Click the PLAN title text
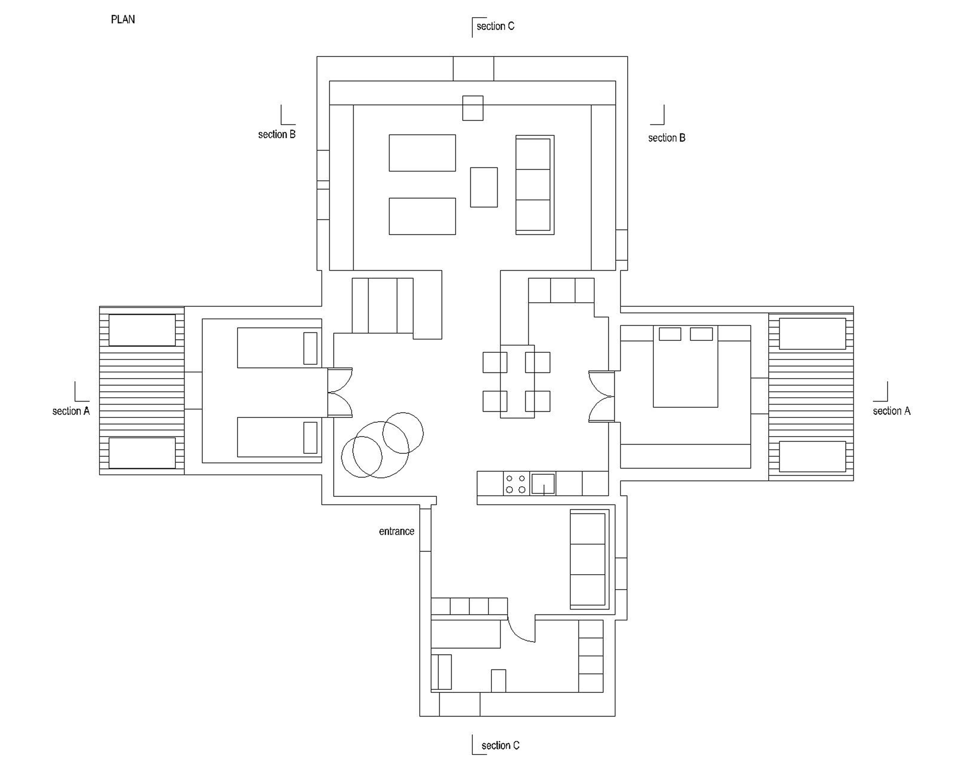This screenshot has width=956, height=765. pos(123,20)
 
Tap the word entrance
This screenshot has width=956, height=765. pos(396,531)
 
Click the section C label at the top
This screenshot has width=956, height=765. pos(495,26)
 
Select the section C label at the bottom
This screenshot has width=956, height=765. pos(500,745)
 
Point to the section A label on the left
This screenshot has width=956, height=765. pos(71,411)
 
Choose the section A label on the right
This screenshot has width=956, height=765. pos(891,411)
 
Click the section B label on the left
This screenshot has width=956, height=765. pos(277,134)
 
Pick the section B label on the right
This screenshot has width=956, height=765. pos(667,138)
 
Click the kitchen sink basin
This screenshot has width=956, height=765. pos(543,483)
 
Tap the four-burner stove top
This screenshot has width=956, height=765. pos(516,483)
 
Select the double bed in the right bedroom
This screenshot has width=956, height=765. pos(685,366)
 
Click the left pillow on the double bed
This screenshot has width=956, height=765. pos(670,334)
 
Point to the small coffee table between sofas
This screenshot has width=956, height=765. pos(484,187)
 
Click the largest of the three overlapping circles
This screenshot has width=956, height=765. pos(380,449)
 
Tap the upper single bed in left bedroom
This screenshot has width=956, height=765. pos(279,348)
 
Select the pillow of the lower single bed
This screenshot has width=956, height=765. pos(310,437)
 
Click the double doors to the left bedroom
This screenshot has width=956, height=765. pos(340,393)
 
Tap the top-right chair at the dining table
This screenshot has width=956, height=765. pos(537,362)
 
